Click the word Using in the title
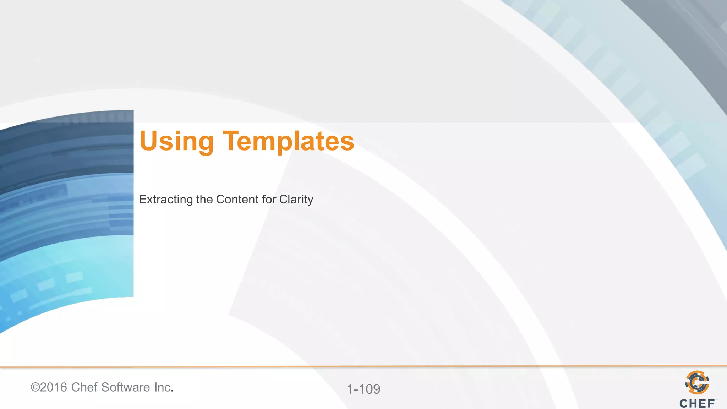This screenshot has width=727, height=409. coord(176,141)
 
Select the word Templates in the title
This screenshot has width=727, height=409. coord(288,141)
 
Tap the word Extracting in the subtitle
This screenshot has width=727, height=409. coord(166,200)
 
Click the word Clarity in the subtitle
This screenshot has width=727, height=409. coord(296,200)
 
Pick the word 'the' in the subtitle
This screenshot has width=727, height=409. coord(204,199)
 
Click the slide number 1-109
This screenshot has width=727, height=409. coord(363,389)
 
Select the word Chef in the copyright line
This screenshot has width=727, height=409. coord(84,387)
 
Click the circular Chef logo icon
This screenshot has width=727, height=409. coord(697,382)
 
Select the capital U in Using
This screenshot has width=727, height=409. coord(148,141)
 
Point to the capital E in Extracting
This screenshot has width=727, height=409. coord(143,199)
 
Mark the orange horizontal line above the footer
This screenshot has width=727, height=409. coord(363,366)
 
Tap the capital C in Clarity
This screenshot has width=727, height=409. coord(284,199)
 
